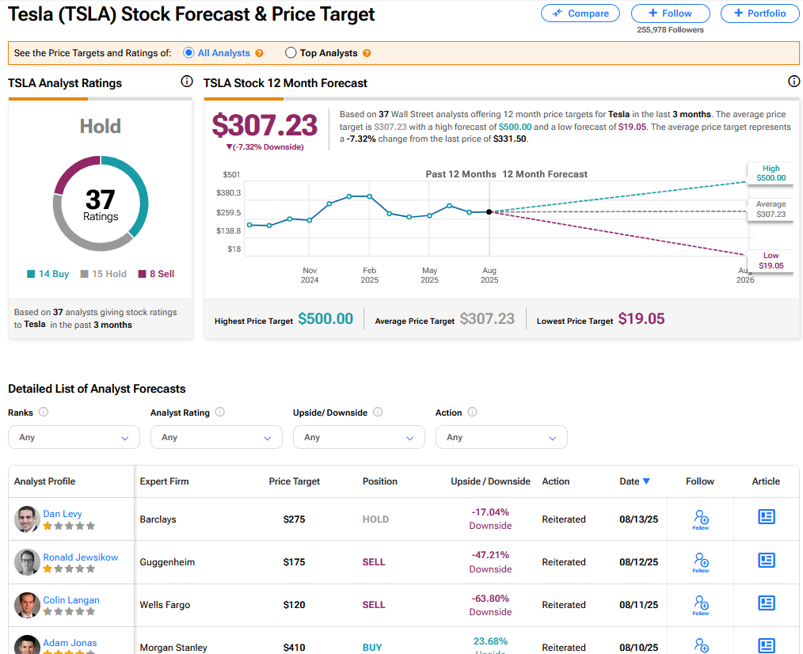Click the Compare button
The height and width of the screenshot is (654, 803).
580,13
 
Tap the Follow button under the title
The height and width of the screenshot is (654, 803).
671,13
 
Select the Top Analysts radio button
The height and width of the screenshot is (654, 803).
291,53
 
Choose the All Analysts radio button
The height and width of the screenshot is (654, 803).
188,53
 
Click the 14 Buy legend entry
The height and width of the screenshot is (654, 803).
48,274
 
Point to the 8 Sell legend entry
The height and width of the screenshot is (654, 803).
157,274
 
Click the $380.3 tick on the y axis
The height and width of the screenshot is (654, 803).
228,193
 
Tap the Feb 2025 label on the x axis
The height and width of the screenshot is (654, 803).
369,275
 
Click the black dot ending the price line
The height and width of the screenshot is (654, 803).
489,212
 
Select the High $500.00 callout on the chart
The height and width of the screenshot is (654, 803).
771,173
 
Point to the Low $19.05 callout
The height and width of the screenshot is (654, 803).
771,260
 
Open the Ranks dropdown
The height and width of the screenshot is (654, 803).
74,437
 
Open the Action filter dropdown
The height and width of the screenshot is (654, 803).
501,437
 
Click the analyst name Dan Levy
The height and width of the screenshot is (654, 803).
63,514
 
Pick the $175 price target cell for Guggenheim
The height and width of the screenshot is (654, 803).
294,562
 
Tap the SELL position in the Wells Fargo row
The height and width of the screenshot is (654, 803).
374,605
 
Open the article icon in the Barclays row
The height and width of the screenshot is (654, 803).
766,517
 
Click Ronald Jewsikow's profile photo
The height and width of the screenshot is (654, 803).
27,562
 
